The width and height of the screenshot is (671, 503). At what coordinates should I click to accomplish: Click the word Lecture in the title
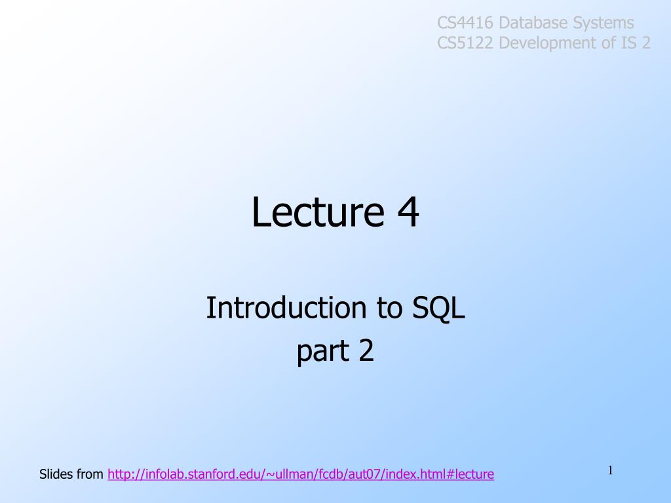(318, 212)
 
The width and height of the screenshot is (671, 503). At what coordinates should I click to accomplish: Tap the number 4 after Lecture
(408, 212)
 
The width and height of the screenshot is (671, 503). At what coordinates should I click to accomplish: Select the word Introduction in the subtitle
(286, 308)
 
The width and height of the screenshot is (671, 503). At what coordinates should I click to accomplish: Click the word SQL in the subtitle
(438, 308)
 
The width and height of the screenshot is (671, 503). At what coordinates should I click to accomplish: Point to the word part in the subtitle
(323, 352)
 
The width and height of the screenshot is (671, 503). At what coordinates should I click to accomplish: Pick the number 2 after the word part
(366, 351)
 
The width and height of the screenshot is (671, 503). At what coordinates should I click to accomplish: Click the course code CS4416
(465, 23)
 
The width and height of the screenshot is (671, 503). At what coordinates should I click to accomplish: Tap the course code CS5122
(465, 43)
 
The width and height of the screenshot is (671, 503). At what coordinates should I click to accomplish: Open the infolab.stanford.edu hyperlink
(301, 474)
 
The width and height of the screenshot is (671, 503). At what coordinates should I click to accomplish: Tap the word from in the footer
(90, 474)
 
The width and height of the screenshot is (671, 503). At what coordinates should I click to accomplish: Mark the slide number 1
(611, 470)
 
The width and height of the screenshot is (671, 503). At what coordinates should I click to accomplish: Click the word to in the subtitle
(389, 308)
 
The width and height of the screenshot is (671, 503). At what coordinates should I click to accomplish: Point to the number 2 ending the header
(646, 43)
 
